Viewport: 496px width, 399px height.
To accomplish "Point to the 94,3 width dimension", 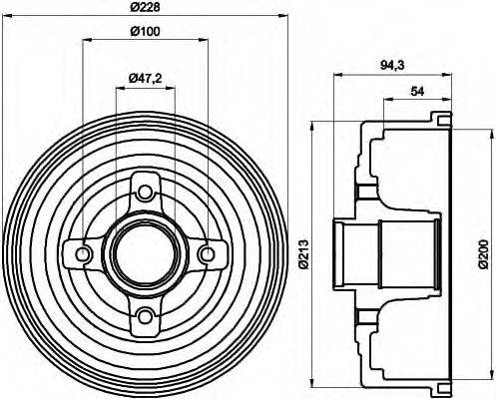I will pyautogui.click(x=392, y=66).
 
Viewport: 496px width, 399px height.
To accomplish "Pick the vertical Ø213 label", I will pyautogui.click(x=305, y=254).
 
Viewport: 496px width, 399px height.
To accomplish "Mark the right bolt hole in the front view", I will pyautogui.click(x=208, y=254).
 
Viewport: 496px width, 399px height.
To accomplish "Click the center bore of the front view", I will pyautogui.click(x=146, y=254).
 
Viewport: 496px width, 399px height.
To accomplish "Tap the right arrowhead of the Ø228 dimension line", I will pyautogui.click(x=283, y=19).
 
